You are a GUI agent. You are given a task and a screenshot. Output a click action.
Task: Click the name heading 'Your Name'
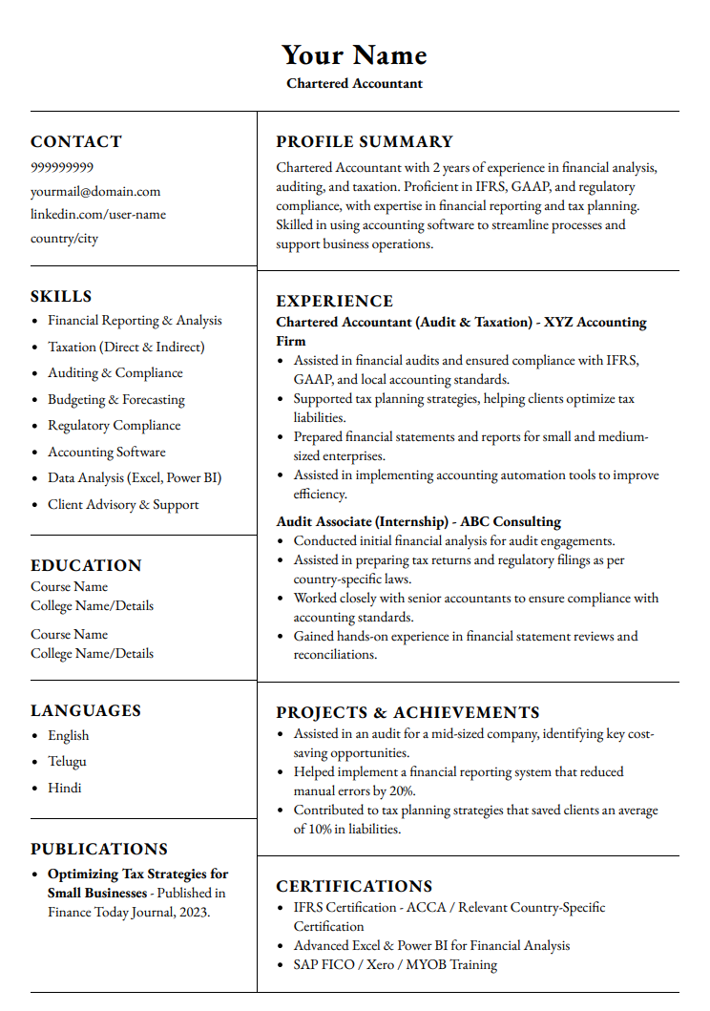click(354, 54)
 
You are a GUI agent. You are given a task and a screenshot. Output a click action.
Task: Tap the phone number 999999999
click(62, 167)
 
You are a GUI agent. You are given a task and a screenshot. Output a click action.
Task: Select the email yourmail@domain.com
click(95, 191)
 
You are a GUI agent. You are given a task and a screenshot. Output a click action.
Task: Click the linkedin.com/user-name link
click(98, 215)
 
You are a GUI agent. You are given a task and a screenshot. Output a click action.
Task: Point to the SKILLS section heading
click(61, 296)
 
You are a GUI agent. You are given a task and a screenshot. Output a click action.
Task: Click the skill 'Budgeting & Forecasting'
click(116, 399)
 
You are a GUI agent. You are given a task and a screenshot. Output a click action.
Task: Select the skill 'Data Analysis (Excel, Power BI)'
click(135, 477)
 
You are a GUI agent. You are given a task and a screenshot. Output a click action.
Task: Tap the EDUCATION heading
click(86, 565)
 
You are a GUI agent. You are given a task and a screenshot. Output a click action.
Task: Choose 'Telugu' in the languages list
click(67, 761)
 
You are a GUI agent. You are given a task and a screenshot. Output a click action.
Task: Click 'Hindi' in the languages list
click(65, 788)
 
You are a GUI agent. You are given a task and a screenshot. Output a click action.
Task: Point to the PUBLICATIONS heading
click(99, 849)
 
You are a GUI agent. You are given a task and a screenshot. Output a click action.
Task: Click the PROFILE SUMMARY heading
click(365, 141)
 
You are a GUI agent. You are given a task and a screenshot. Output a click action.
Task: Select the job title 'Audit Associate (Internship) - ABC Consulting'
click(418, 521)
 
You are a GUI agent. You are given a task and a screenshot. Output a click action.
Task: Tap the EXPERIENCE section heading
click(334, 301)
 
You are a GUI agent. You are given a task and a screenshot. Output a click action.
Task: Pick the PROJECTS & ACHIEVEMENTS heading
click(407, 712)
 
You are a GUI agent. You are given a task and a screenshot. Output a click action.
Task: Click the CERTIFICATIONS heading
click(354, 886)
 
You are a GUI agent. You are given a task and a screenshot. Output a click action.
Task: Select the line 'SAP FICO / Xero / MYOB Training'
click(395, 964)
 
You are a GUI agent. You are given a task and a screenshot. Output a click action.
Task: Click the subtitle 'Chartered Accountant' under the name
click(354, 83)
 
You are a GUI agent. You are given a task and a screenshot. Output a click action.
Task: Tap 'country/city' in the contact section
click(64, 239)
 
